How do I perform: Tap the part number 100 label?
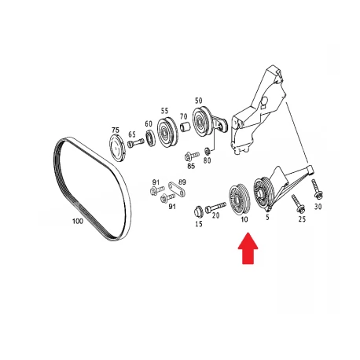coord(78,221)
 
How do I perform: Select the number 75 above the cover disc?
coord(116,130)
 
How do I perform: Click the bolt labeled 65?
coord(136,143)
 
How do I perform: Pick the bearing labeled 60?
coord(151,138)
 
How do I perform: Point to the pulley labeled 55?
coord(167,131)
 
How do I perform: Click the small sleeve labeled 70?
coord(186,127)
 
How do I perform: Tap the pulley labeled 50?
coord(202,122)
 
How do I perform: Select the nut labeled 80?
coord(207,151)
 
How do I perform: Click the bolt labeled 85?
coord(192,156)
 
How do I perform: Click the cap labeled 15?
coord(198,211)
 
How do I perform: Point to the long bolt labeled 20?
coord(215,206)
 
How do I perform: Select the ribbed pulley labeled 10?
coord(240,199)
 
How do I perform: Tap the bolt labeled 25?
coord(298,204)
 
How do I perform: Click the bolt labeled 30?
coord(318,189)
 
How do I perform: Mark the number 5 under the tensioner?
coord(267,217)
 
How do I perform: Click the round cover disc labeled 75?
coord(117,148)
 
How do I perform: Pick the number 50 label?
coord(199,101)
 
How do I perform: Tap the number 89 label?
coord(182,182)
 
